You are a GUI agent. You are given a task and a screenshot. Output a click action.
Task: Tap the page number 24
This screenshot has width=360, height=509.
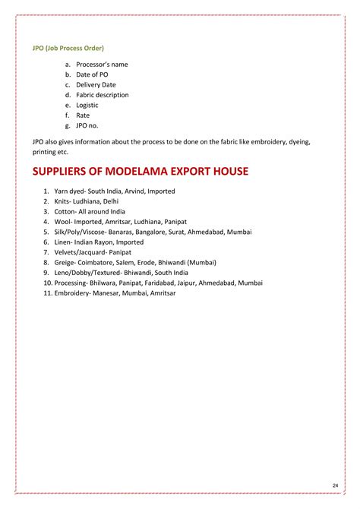click(x=335, y=485)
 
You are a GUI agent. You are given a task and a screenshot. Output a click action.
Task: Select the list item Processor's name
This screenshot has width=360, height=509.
click(x=102, y=65)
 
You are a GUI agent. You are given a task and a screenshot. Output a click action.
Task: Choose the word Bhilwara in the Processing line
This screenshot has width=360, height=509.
click(x=104, y=283)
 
